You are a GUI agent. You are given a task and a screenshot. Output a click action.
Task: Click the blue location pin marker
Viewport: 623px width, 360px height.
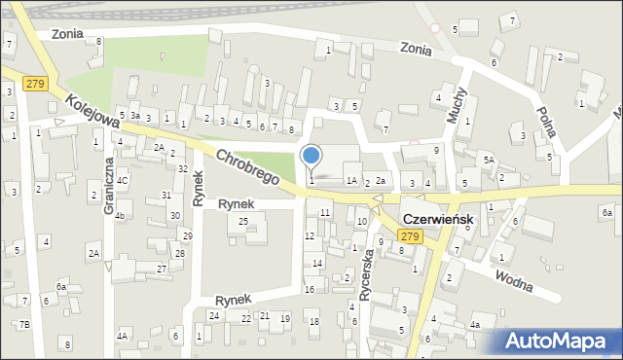[311, 156]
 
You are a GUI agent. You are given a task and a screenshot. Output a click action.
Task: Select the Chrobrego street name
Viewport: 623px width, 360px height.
[248, 167]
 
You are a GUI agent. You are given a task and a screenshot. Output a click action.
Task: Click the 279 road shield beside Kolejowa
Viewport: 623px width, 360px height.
[36, 84]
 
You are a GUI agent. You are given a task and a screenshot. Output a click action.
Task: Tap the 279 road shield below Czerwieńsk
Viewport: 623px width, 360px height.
[410, 237]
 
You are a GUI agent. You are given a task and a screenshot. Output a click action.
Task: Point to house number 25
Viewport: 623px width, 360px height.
[243, 222]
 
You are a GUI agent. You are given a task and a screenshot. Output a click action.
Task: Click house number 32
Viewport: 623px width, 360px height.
[183, 168]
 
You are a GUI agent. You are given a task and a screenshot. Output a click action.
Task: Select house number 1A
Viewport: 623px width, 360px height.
[350, 180]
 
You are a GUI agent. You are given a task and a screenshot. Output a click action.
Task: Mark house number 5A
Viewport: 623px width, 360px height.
[490, 160]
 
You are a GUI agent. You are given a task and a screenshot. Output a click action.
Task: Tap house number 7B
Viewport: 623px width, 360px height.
[24, 324]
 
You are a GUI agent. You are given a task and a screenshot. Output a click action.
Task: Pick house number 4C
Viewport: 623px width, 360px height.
[123, 180]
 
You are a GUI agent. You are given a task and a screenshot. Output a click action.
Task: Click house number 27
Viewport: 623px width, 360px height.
[162, 268]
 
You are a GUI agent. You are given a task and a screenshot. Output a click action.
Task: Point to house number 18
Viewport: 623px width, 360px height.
[313, 322]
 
